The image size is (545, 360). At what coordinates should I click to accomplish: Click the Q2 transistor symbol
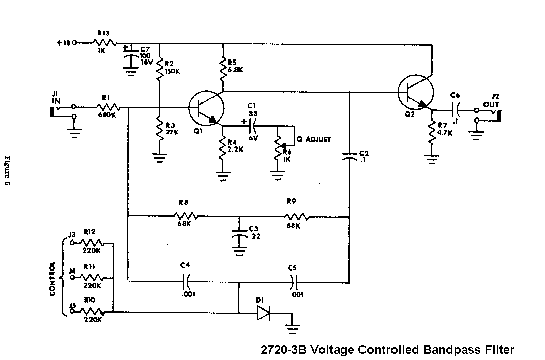pyautogui.click(x=416, y=93)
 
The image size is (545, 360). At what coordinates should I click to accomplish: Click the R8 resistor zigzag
pyautogui.click(x=185, y=216)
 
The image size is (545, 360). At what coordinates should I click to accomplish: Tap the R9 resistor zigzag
pyautogui.click(x=297, y=216)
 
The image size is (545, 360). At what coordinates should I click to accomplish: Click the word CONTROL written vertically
pyautogui.click(x=52, y=280)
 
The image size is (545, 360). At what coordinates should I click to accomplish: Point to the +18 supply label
pyautogui.click(x=63, y=43)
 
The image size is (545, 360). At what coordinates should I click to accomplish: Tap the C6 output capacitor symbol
pyautogui.click(x=455, y=109)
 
